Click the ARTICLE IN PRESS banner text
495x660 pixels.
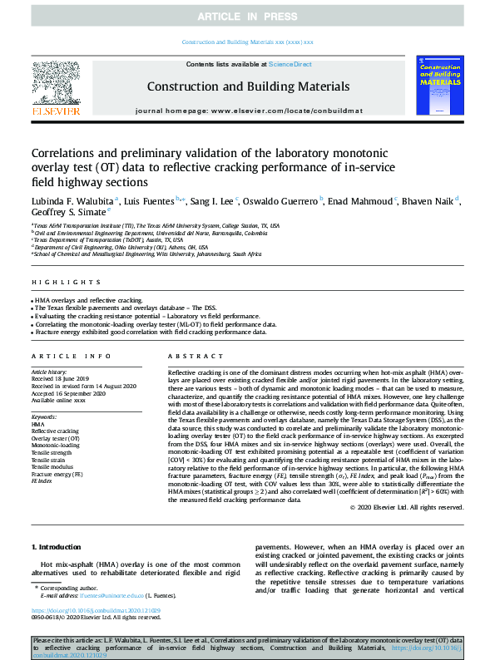pos(247,17)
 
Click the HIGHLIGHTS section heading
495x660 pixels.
pos(56,283)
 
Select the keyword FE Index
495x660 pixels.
pos(42,481)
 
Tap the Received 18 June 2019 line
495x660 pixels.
pos(63,379)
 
